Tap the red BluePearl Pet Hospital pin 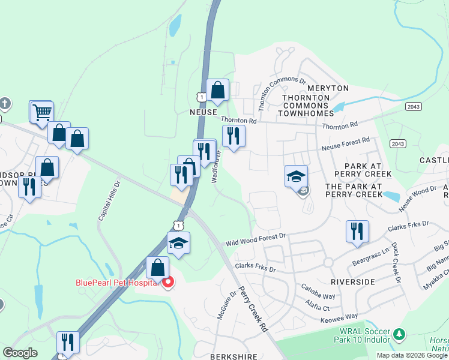click(168, 281)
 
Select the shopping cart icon click(41, 112)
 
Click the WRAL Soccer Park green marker click(399, 334)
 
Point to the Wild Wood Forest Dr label click(256, 241)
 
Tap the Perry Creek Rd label click(253, 309)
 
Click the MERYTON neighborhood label click(327, 88)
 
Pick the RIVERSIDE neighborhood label click(353, 281)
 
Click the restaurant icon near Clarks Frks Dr click(357, 231)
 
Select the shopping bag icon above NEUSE click(218, 90)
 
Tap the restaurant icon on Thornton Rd click(234, 136)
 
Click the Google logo click(20, 353)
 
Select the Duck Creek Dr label click(395, 262)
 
